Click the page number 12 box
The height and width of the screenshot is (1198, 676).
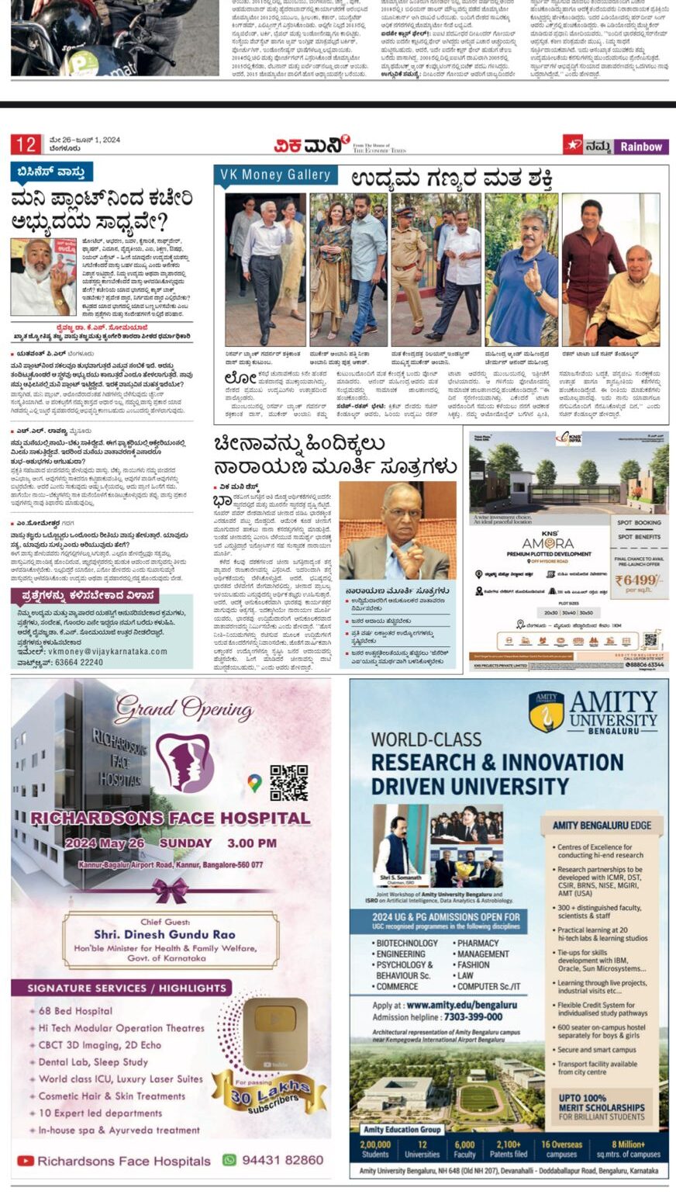[26, 144]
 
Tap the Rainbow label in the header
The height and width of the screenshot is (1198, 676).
[641, 146]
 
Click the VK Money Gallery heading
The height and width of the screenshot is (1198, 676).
[274, 175]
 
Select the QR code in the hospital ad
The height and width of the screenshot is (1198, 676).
[288, 782]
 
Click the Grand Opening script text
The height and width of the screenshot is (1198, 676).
[184, 709]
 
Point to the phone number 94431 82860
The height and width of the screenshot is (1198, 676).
[273, 1160]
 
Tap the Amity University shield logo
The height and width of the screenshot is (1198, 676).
[547, 712]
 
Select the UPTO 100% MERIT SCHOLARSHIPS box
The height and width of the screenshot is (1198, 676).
[602, 1106]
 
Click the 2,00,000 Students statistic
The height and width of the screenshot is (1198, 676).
[375, 1149]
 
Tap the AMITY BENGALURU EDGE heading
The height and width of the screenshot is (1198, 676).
[602, 825]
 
